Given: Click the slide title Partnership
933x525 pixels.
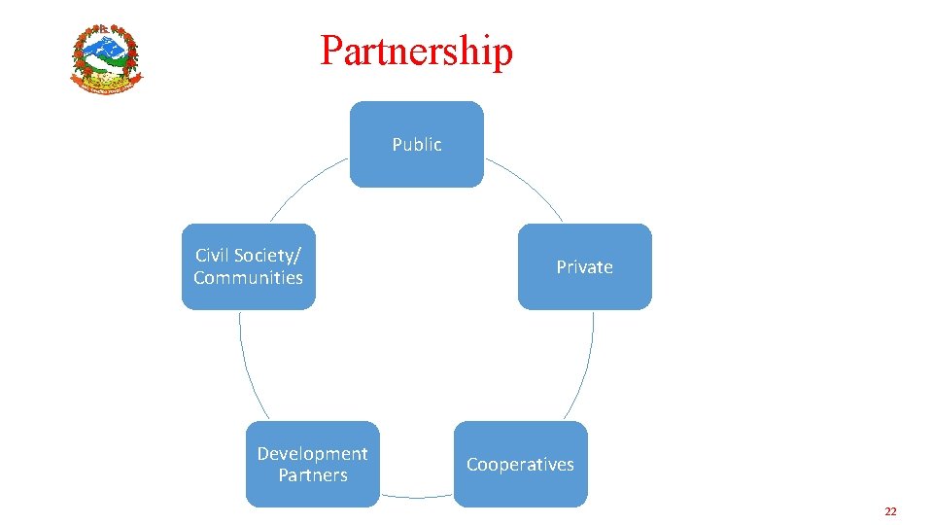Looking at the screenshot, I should click(416, 51).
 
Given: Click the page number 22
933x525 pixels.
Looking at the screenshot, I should click(890, 511).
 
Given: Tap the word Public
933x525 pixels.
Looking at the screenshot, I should click(417, 144).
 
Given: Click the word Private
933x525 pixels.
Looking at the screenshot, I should click(584, 266).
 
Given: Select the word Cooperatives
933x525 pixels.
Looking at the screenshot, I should click(520, 464).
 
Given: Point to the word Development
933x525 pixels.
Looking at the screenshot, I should click(312, 453).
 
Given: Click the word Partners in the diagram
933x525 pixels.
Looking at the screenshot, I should click(312, 474).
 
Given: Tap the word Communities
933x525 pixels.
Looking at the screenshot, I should click(248, 277).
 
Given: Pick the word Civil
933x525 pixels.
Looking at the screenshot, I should click(213, 255).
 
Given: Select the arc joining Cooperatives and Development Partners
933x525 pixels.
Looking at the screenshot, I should click(417, 497).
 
